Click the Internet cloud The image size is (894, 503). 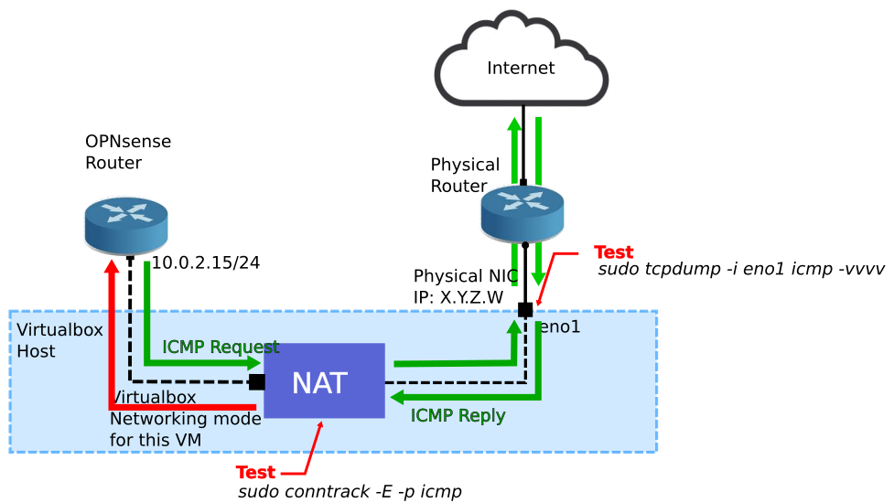pos(521,64)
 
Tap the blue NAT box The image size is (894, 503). pos(324,381)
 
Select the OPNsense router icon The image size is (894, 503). pos(126,224)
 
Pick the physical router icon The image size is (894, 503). pos(522,214)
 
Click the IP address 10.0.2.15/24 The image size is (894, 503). pos(206,263)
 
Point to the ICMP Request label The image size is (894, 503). pos(221,348)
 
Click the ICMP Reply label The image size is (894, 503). pos(458,416)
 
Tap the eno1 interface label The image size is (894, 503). pos(559,326)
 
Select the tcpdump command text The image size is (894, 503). pos(740,271)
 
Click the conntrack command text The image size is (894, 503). pos(350,492)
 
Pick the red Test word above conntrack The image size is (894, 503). pos(255,473)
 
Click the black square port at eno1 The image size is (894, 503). pos(525,310)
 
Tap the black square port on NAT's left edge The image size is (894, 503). pos(257,381)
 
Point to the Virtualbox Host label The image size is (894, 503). pos(59,340)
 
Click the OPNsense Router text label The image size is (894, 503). pos(128,152)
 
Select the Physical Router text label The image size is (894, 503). pos(465,176)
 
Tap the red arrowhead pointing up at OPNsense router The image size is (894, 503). pos(112,266)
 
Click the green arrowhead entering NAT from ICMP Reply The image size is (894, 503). pos(396,398)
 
